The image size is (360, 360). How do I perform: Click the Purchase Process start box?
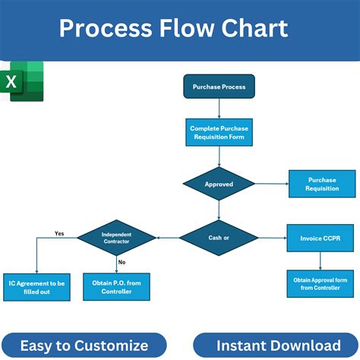pos(219,87)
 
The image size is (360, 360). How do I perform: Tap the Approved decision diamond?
pos(219,184)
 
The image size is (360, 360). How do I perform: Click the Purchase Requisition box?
pos(322,184)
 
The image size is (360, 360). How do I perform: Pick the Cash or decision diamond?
pos(219,238)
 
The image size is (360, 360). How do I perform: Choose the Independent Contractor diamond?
pos(116,238)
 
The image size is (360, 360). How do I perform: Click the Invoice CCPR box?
pos(321,238)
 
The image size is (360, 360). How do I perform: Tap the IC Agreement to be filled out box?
pos(36,287)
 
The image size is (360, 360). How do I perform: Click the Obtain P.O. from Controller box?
pos(116,287)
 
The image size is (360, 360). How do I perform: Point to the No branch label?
pos(122,261)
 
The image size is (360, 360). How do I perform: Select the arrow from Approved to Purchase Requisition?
pos(270,184)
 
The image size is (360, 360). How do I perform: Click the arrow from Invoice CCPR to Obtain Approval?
pos(321,260)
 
